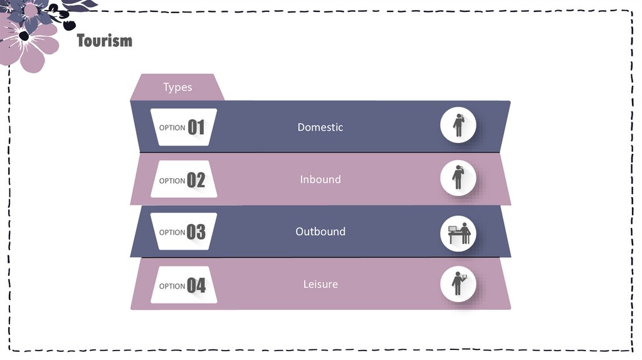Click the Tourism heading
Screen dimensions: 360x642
click(105, 41)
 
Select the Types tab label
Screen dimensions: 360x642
click(177, 87)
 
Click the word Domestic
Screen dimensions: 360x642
click(320, 127)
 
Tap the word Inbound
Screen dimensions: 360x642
click(320, 179)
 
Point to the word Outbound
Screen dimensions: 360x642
click(320, 231)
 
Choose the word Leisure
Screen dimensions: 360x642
click(320, 284)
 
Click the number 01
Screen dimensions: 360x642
click(196, 128)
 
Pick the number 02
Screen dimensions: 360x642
click(196, 181)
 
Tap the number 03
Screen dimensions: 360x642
click(196, 233)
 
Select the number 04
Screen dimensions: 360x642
click(196, 286)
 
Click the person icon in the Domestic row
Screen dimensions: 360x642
click(458, 125)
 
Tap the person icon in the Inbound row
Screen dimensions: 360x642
click(458, 177)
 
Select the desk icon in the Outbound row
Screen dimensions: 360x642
click(459, 234)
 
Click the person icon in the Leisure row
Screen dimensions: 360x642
click(458, 283)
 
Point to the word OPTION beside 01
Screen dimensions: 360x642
click(172, 128)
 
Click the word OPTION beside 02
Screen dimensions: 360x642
click(172, 181)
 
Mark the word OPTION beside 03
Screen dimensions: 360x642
click(172, 233)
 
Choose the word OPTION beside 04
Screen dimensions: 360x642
click(172, 287)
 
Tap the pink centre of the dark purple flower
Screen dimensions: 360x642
click(31, 10)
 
